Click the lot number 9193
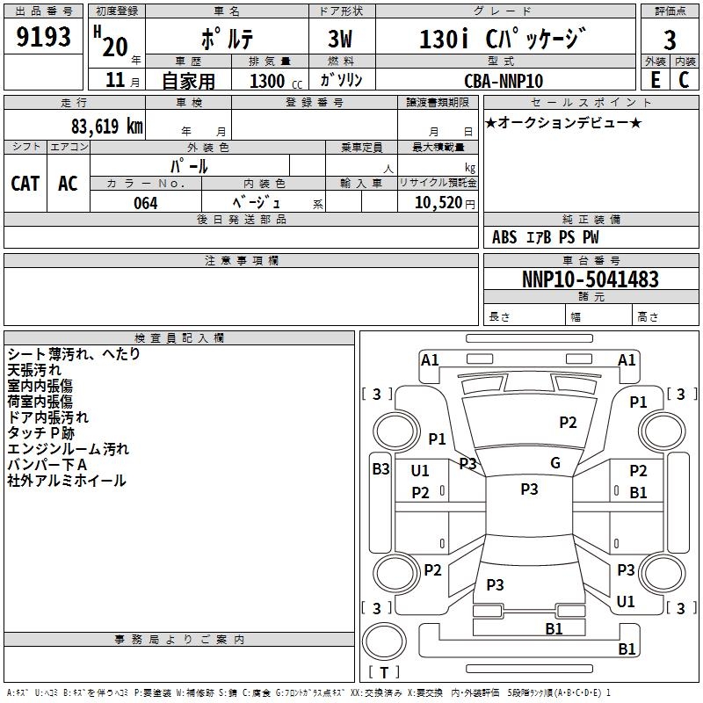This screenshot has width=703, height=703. coord(44,38)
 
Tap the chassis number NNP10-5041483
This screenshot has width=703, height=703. coord(590,279)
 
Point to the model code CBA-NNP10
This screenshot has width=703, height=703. coord(504,81)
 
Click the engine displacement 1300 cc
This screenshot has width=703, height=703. coord(267,81)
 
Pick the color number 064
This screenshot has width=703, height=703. coord(146,203)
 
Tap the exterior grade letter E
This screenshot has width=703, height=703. coord(655,80)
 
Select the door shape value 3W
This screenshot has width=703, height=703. coord(340,40)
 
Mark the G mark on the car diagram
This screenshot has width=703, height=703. coord(555,463)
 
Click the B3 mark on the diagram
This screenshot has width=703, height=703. coord(380,469)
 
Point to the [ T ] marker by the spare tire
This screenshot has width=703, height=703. coord(384,672)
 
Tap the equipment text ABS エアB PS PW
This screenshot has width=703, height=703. coord(547,237)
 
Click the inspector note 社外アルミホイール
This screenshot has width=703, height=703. coord(67,481)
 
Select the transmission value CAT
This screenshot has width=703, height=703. coord(25,183)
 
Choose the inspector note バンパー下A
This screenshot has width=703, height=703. coord(47,465)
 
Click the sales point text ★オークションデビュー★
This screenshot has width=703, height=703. coord(563,122)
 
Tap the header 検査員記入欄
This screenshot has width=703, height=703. coord(179,337)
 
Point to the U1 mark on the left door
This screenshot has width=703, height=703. coord(420,470)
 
